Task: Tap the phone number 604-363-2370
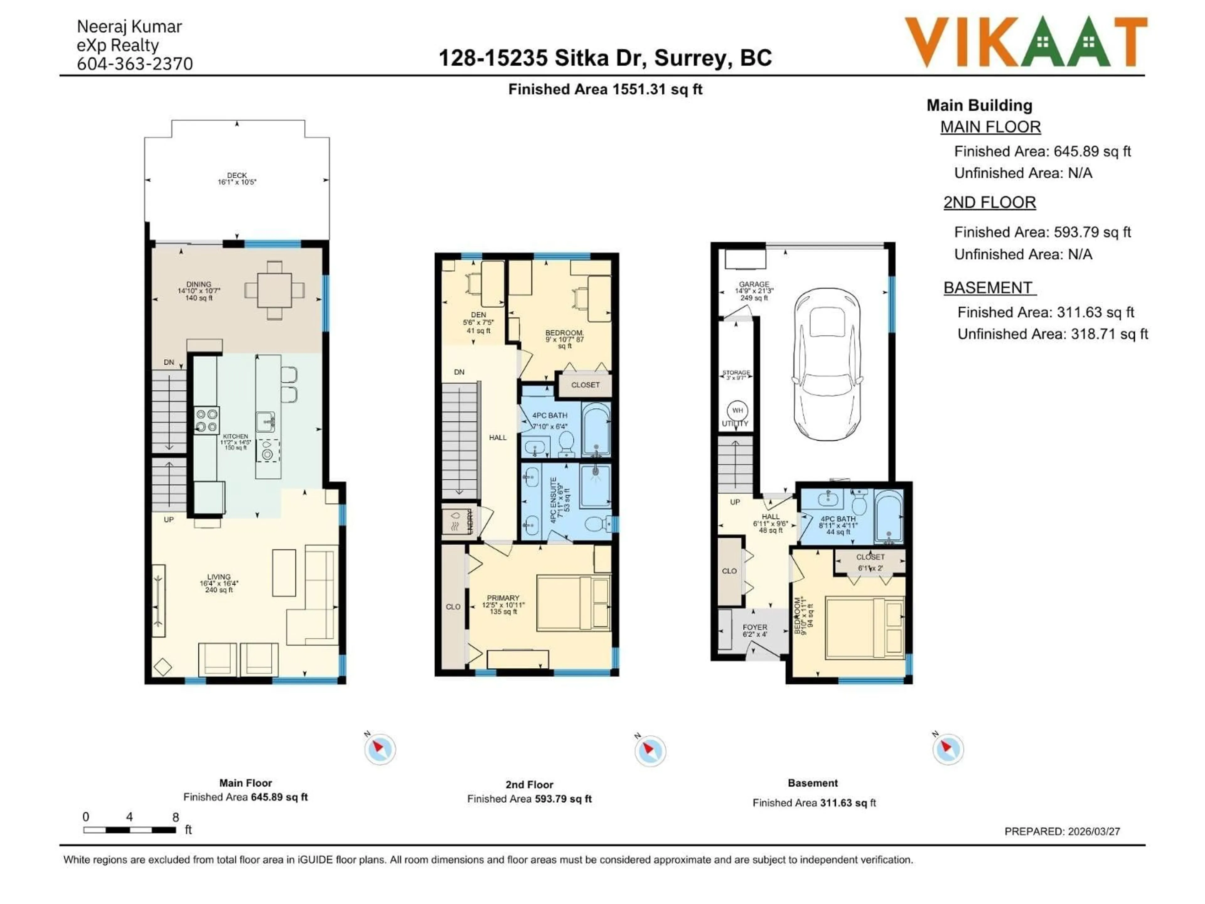tap(135, 64)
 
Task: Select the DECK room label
tap(237, 175)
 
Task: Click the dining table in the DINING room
tap(275, 290)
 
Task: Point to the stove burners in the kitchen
tap(207, 420)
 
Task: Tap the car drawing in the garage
tap(827, 364)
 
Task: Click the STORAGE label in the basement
tap(736, 373)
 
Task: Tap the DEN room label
tap(478, 315)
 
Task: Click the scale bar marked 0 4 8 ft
tap(130, 830)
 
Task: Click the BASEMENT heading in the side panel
tap(988, 288)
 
